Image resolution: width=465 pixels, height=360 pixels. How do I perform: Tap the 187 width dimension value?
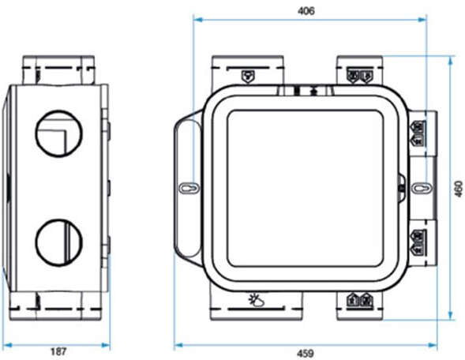57,352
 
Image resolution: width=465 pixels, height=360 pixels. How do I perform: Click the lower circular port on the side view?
56,242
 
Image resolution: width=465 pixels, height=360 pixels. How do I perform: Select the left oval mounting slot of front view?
186,189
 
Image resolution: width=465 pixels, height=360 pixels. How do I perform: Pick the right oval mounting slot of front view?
422,189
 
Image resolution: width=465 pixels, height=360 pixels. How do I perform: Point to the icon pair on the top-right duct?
358,76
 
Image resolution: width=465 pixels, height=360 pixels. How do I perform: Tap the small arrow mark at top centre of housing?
313,88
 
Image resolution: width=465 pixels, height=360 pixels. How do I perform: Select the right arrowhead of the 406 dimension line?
423,19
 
